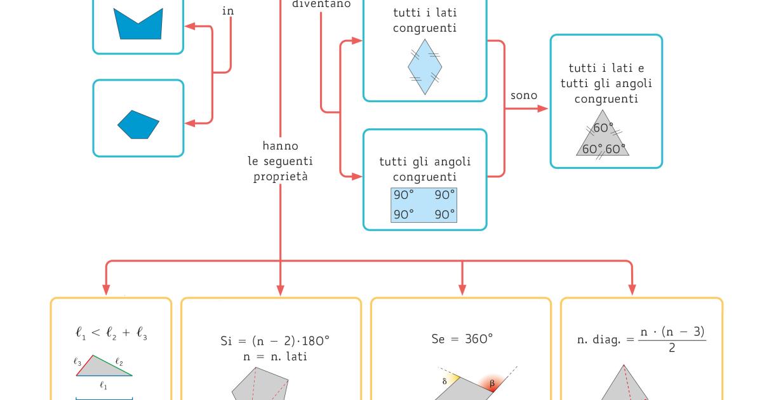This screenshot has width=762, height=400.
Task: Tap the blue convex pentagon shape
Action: click(x=138, y=124)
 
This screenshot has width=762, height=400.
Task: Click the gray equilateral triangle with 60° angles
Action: click(x=601, y=135)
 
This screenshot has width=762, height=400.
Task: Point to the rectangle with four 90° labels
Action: click(x=424, y=204)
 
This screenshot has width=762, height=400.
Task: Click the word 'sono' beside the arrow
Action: click(x=524, y=95)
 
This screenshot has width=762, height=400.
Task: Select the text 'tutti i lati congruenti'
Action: click(x=424, y=20)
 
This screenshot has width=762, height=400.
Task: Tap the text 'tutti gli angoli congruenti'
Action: click(x=424, y=170)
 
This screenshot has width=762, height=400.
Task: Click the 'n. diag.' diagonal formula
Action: click(x=641, y=340)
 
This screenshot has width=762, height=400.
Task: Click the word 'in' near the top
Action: click(x=228, y=11)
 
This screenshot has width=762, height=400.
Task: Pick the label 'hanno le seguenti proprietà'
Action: click(x=280, y=161)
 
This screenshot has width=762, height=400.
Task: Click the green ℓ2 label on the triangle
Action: click(x=119, y=363)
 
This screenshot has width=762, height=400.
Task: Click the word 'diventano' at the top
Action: click(x=321, y=4)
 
